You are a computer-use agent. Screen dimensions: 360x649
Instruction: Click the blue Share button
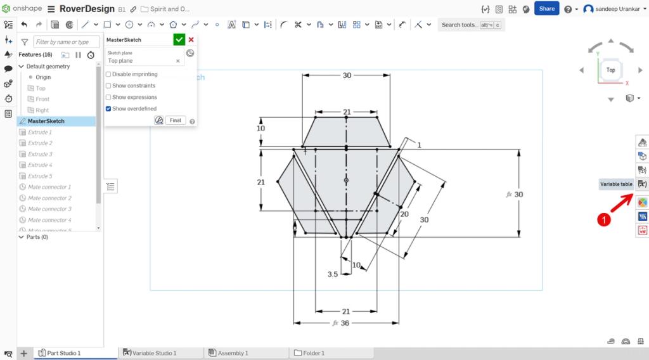pos(546,8)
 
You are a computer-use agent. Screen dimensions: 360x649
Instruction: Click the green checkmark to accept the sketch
pos(179,39)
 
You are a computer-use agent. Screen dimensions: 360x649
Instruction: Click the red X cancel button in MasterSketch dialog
pos(191,39)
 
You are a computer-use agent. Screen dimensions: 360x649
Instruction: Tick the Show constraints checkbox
pos(108,86)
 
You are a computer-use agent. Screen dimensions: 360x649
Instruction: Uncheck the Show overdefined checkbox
pos(108,108)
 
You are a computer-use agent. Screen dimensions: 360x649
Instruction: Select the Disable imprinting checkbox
pos(108,74)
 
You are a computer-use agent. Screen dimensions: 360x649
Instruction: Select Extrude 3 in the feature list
pos(40,154)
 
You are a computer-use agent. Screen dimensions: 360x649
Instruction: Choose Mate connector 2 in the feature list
pos(49,198)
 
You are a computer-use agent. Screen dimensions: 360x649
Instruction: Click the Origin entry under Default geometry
pos(43,77)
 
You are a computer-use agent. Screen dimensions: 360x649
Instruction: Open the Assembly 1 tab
pos(233,353)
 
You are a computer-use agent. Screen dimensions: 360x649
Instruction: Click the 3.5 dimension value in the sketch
pos(332,274)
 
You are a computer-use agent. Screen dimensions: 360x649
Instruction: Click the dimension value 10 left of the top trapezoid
pos(260,129)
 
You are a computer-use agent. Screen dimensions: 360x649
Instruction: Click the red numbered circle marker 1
pos(605,219)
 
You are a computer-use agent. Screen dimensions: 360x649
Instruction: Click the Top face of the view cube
pos(610,70)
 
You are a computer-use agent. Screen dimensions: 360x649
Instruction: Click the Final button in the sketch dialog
pos(176,120)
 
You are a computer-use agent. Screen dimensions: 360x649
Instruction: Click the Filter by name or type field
pos(67,42)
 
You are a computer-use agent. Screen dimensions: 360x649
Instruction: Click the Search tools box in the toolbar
pos(459,25)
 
